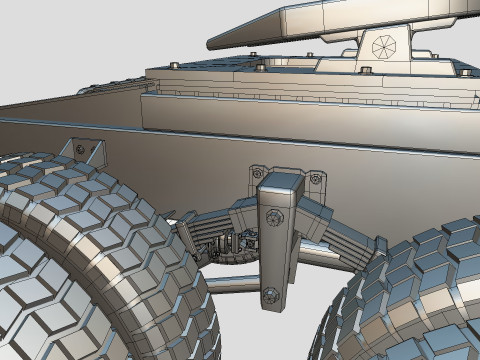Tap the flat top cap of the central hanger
[278, 182]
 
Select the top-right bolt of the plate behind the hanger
[316, 178]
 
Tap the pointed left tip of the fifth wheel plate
[212, 43]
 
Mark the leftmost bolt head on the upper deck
[175, 66]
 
